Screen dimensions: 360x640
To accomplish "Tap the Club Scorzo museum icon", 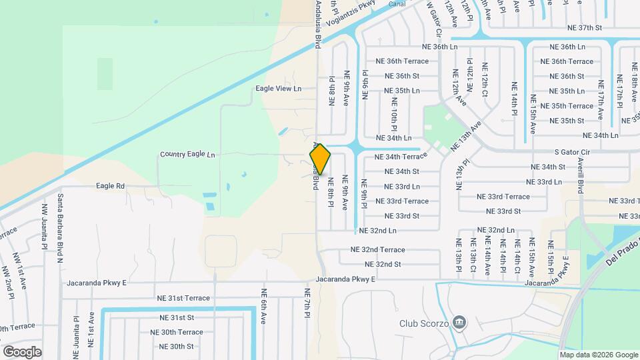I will point(459,323).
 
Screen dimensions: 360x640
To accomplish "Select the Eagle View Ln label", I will point(279,89).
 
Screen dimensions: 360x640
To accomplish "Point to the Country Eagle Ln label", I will point(187,155).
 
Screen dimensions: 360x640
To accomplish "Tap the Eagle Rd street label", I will point(111,186).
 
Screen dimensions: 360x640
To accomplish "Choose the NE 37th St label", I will point(584,28).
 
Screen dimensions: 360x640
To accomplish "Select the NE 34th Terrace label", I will point(401,157).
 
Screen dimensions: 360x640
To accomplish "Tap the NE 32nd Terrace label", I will point(377,250).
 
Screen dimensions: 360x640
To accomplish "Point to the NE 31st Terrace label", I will point(183,298).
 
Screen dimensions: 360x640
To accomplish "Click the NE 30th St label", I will point(176,347).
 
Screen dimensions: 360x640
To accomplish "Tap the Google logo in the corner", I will point(23,351).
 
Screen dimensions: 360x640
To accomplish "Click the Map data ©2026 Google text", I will point(598,355).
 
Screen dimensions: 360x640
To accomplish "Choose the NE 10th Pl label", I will point(395,114).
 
